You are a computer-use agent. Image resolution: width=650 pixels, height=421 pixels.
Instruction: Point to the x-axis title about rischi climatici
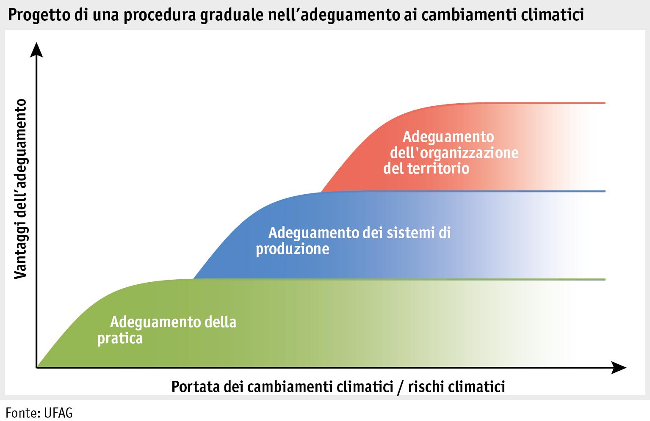[x=338, y=386]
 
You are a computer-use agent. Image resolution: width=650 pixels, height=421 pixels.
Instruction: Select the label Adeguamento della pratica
[x=167, y=330]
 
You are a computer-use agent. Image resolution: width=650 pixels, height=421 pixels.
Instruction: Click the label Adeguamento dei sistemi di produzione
[x=353, y=240]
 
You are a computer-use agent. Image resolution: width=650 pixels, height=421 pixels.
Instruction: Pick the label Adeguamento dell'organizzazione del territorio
[x=451, y=152]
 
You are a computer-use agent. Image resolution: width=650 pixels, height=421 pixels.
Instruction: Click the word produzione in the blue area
[x=293, y=248]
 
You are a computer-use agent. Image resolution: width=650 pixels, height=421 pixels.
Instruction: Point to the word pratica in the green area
[x=120, y=338]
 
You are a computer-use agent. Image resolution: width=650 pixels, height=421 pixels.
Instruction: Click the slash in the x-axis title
[x=398, y=387]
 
